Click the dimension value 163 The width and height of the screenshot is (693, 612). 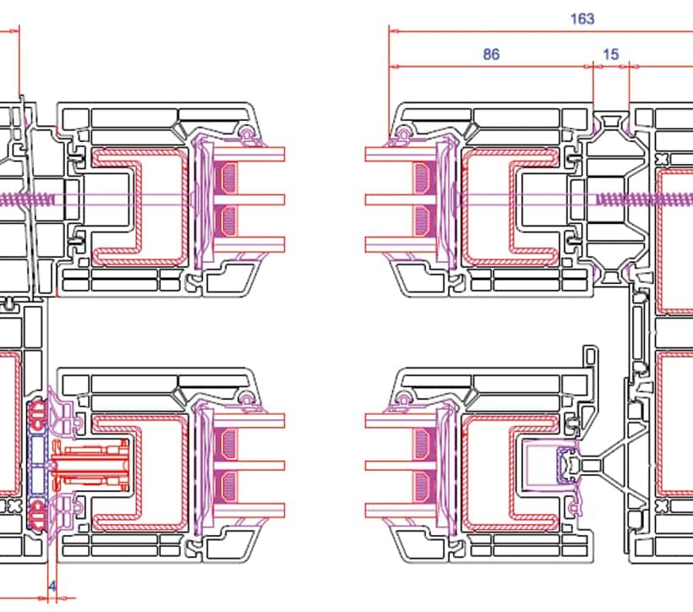tap(582, 19)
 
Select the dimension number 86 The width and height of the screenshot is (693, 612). tap(491, 54)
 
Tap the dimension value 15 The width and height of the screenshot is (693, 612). tap(611, 54)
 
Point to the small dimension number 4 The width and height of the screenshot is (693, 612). tap(52, 587)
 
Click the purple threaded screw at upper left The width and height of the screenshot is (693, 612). tap(26, 199)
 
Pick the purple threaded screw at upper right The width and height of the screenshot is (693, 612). tap(644, 199)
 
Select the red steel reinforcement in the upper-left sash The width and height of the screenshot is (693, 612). tap(139, 207)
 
